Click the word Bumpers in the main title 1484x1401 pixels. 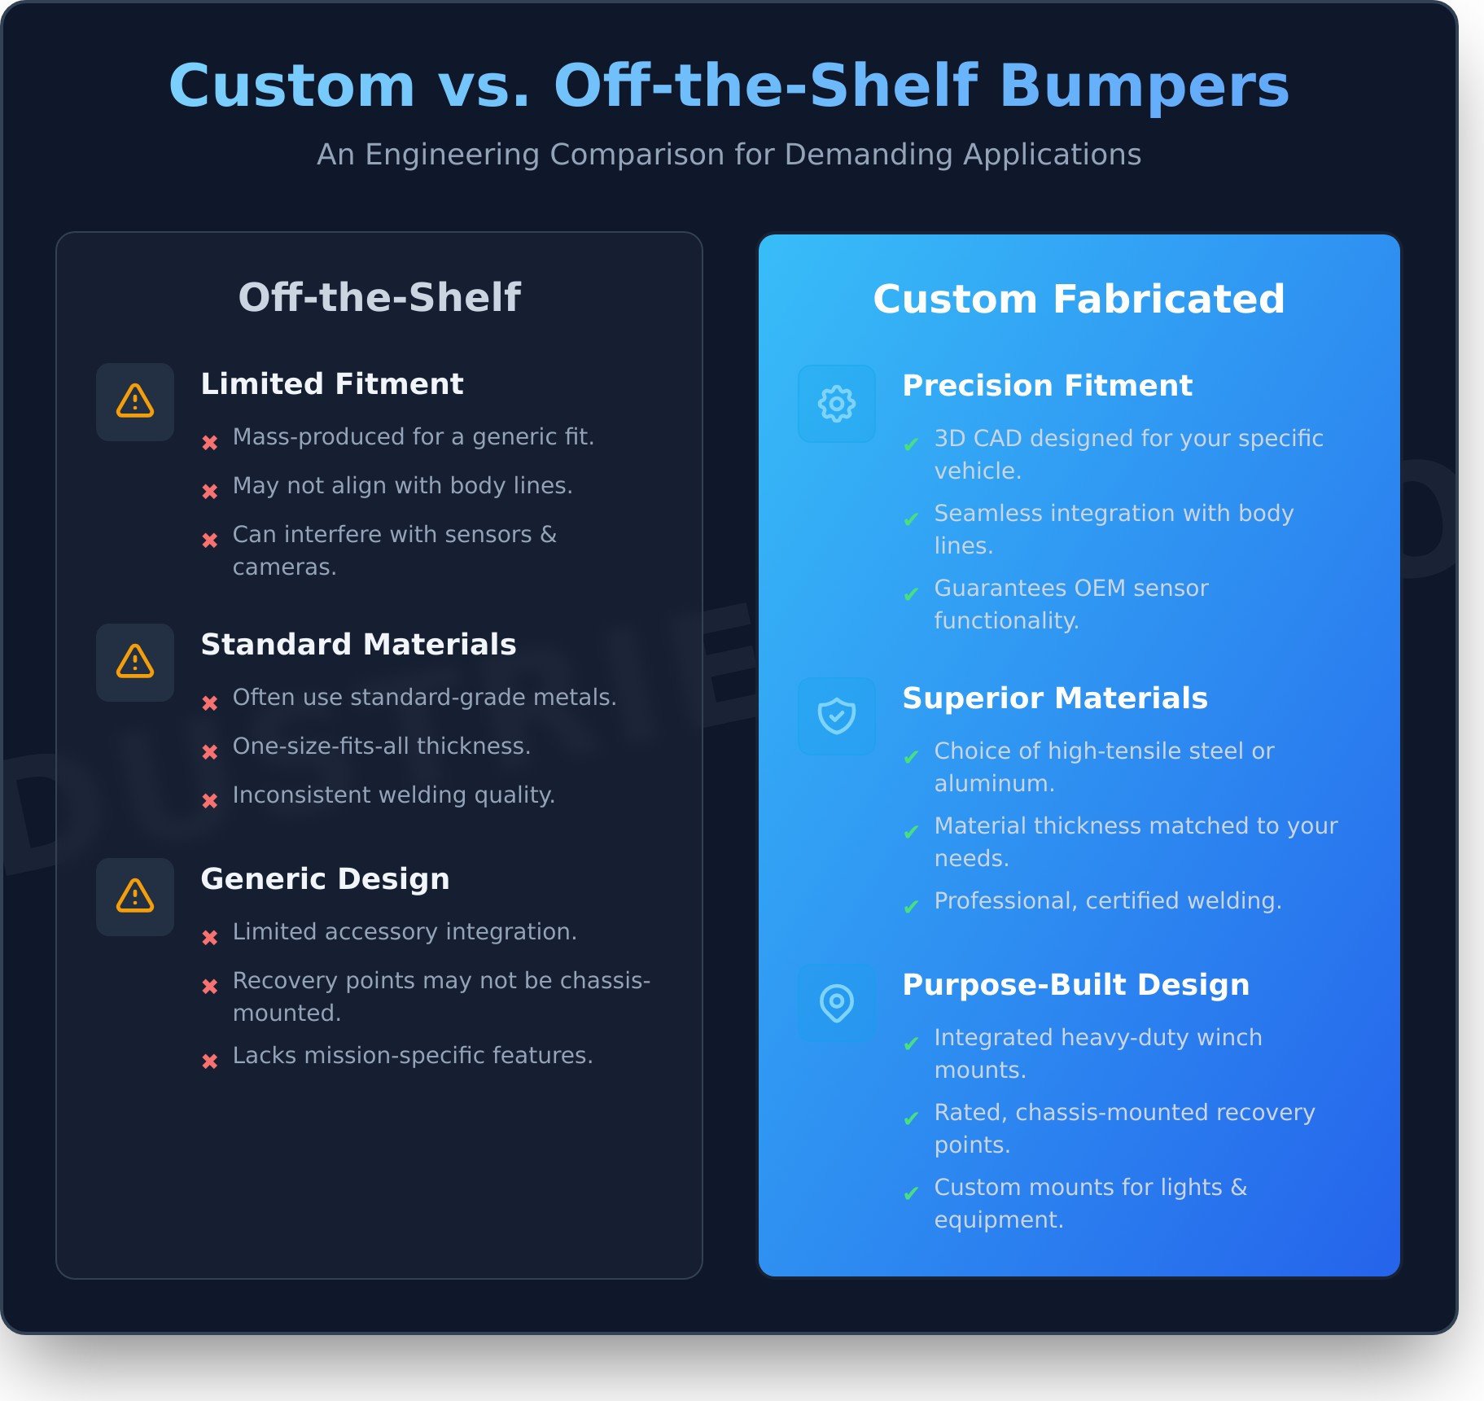[1144, 85]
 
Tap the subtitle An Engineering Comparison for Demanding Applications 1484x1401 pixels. [729, 154]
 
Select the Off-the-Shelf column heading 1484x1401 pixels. [379, 296]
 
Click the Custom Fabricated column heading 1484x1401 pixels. [1079, 299]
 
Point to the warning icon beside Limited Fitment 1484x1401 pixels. [135, 401]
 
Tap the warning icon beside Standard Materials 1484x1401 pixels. [135, 662]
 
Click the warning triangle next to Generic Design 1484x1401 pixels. [135, 896]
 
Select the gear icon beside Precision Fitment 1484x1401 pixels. [837, 404]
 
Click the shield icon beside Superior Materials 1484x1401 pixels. [837, 716]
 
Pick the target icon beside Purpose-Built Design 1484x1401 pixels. [837, 1003]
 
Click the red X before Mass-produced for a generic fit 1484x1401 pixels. [210, 443]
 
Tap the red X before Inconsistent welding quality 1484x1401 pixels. [210, 801]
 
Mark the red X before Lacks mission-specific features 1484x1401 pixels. [210, 1062]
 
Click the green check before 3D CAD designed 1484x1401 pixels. [911, 444]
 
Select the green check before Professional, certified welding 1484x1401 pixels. [911, 907]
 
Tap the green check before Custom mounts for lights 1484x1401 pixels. [911, 1193]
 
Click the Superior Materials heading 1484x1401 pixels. [1055, 698]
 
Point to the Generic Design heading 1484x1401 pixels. [325, 878]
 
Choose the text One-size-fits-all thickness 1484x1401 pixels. [382, 746]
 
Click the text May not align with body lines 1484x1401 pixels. [403, 486]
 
